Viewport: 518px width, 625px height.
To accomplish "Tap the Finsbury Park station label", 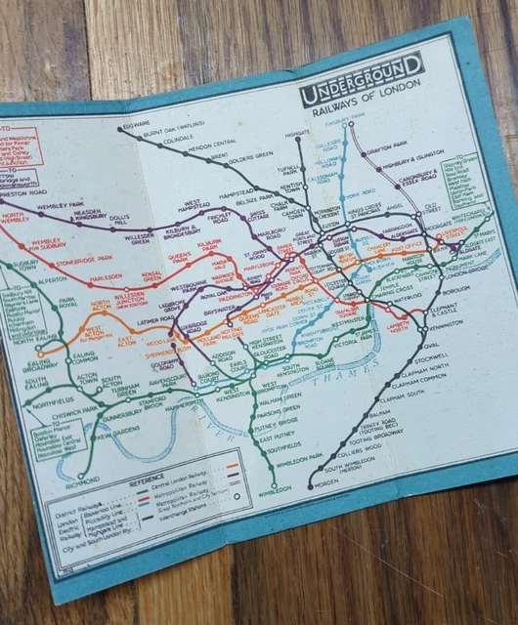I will tap(363, 123).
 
